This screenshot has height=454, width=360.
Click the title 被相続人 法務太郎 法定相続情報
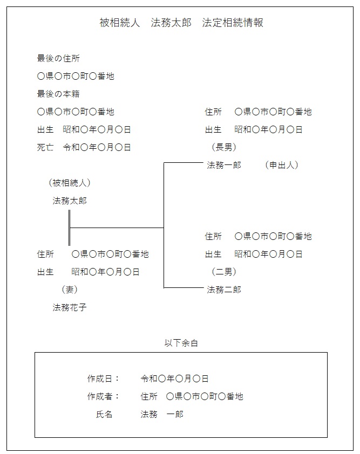pyautogui.click(x=181, y=23)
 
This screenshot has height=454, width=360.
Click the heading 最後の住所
pyautogui.click(x=58, y=58)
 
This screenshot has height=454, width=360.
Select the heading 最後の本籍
pyautogui.click(x=58, y=94)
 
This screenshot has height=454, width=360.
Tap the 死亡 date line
pyautogui.click(x=84, y=147)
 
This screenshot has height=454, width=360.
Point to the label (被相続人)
pyautogui.click(x=70, y=183)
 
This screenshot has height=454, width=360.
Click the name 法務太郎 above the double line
pyautogui.click(x=70, y=201)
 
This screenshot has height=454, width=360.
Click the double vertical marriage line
pyautogui.click(x=69, y=228)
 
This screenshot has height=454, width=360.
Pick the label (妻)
pyautogui.click(x=70, y=290)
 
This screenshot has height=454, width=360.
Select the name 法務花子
pyautogui.click(x=70, y=307)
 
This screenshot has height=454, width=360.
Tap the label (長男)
pyautogui.click(x=224, y=147)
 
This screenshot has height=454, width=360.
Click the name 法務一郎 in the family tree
pyautogui.click(x=224, y=165)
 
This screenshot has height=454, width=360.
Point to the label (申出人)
pyautogui.click(x=281, y=165)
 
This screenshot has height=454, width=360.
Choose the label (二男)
pyautogui.click(x=224, y=272)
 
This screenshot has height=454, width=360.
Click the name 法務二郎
pyautogui.click(x=224, y=290)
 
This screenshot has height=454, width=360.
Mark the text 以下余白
pyautogui.click(x=181, y=343)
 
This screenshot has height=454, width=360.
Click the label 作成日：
pyautogui.click(x=104, y=379)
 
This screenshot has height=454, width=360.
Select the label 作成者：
pyautogui.click(x=104, y=396)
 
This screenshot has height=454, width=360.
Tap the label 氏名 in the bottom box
pyautogui.click(x=104, y=414)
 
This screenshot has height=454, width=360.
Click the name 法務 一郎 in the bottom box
pyautogui.click(x=162, y=414)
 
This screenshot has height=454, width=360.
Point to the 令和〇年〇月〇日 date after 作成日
pyautogui.click(x=174, y=379)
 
